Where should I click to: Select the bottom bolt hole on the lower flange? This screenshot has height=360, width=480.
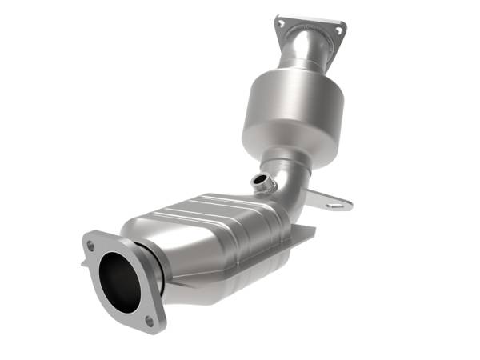[149, 320]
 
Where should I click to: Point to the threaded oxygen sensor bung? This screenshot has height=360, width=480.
[259, 182]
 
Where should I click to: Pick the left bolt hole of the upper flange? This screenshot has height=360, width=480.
[281, 24]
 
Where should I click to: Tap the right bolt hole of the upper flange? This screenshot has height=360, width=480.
[339, 30]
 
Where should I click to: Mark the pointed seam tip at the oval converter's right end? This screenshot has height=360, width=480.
[312, 231]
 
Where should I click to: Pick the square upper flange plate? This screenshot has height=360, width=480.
[310, 26]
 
